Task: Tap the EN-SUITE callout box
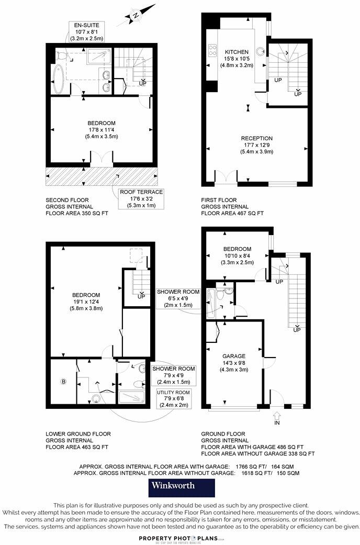pos(87,31)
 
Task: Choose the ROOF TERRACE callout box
pos(141,198)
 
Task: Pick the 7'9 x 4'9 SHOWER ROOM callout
pos(174,375)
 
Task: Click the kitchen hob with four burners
pos(213,51)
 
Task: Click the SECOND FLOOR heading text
pos(67,200)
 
